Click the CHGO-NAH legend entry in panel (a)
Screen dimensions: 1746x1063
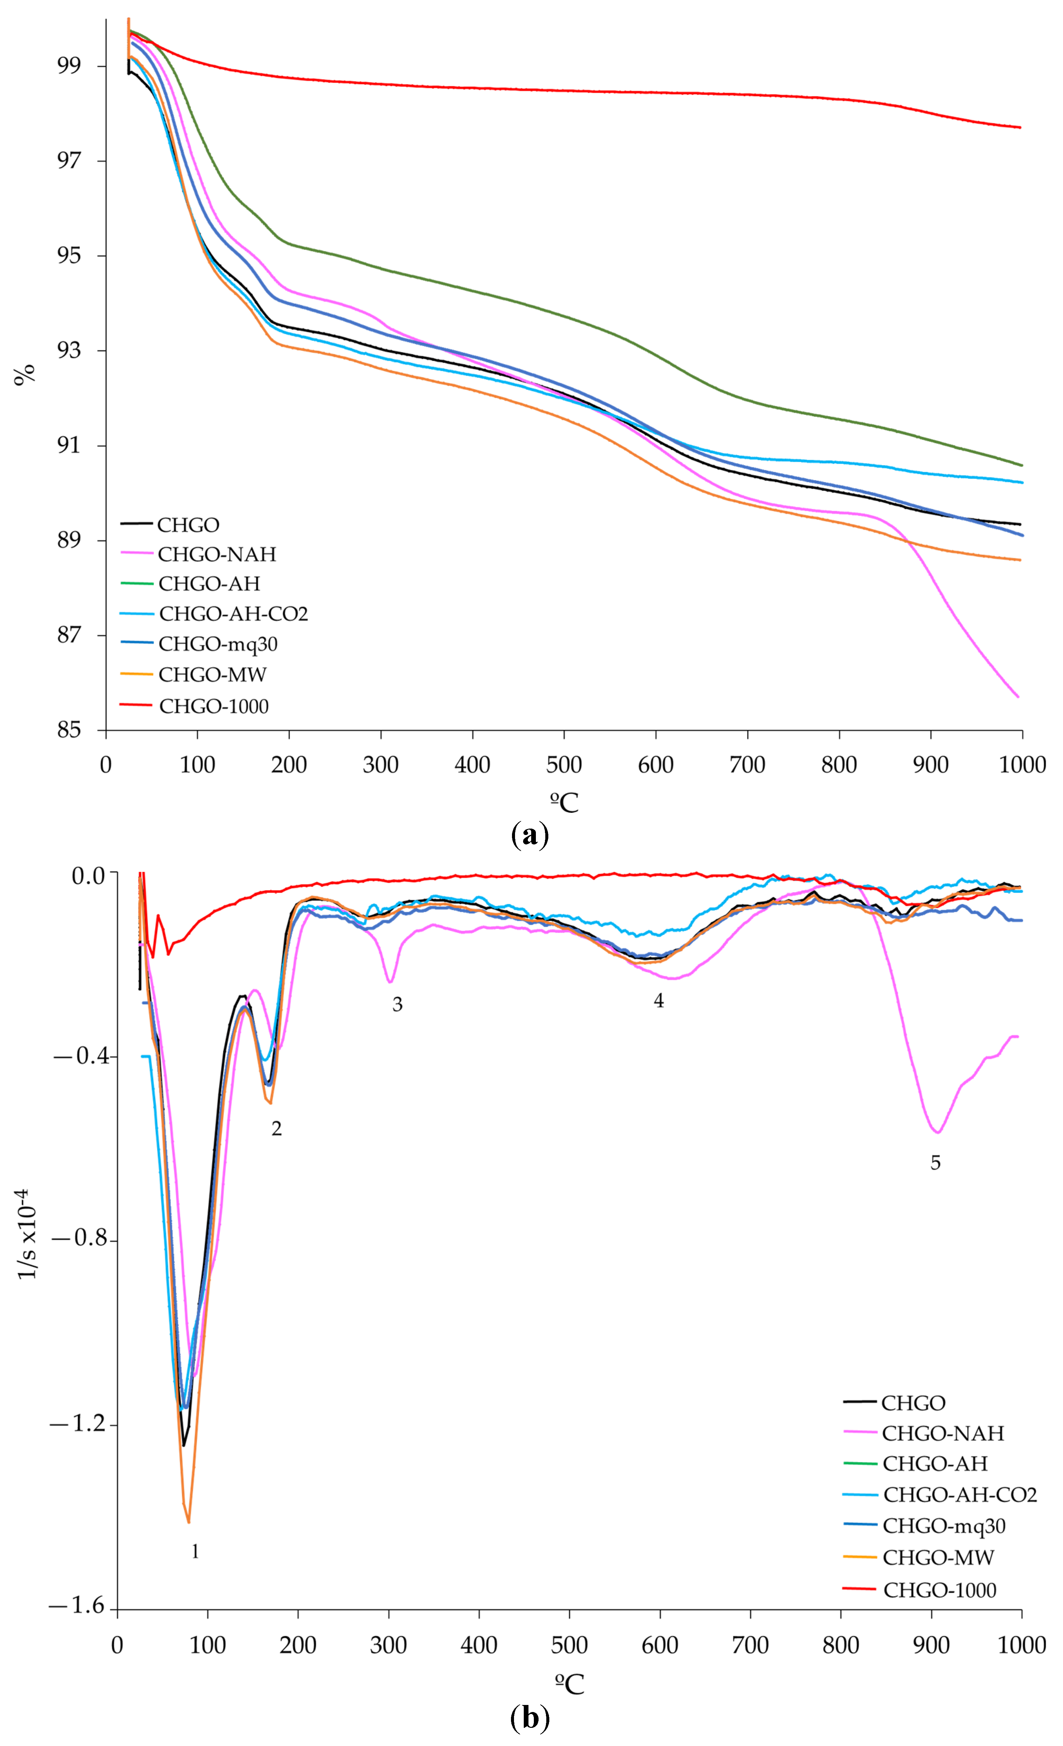[216, 554]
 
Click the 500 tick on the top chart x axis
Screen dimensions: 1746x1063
[564, 765]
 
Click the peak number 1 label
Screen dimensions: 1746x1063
[195, 1551]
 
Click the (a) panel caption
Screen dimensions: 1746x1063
[529, 835]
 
